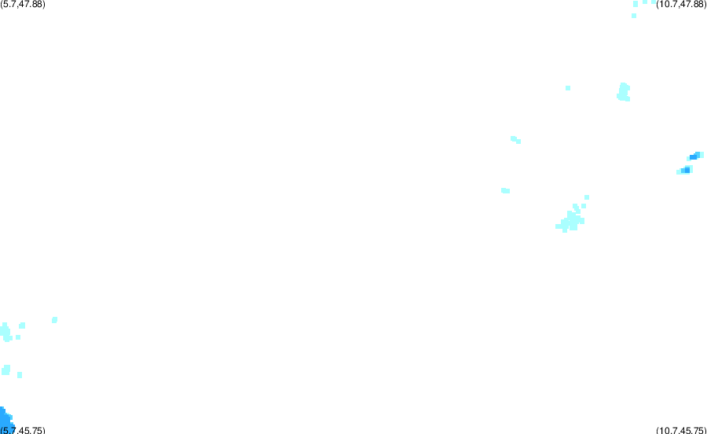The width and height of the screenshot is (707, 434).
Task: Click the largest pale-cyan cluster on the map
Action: coord(571,220)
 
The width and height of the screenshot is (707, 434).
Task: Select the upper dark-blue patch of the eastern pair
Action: coord(695,156)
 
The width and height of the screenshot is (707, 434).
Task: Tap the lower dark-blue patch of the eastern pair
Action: coord(686,170)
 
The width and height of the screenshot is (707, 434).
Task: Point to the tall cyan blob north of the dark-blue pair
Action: coord(624,92)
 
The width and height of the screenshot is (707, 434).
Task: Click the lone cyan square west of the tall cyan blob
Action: coord(568,88)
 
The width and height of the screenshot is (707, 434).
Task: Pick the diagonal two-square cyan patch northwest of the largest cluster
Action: coord(516,140)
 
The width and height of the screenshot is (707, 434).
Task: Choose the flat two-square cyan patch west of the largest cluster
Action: coord(505,191)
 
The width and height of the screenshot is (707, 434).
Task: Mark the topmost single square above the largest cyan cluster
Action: coord(587,197)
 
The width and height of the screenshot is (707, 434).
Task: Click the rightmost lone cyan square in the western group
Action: coord(54,320)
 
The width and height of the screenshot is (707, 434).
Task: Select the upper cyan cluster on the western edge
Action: coord(5,333)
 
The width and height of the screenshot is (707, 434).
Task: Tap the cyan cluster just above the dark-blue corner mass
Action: coord(5,370)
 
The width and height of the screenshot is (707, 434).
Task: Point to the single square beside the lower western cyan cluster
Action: coord(20,375)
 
